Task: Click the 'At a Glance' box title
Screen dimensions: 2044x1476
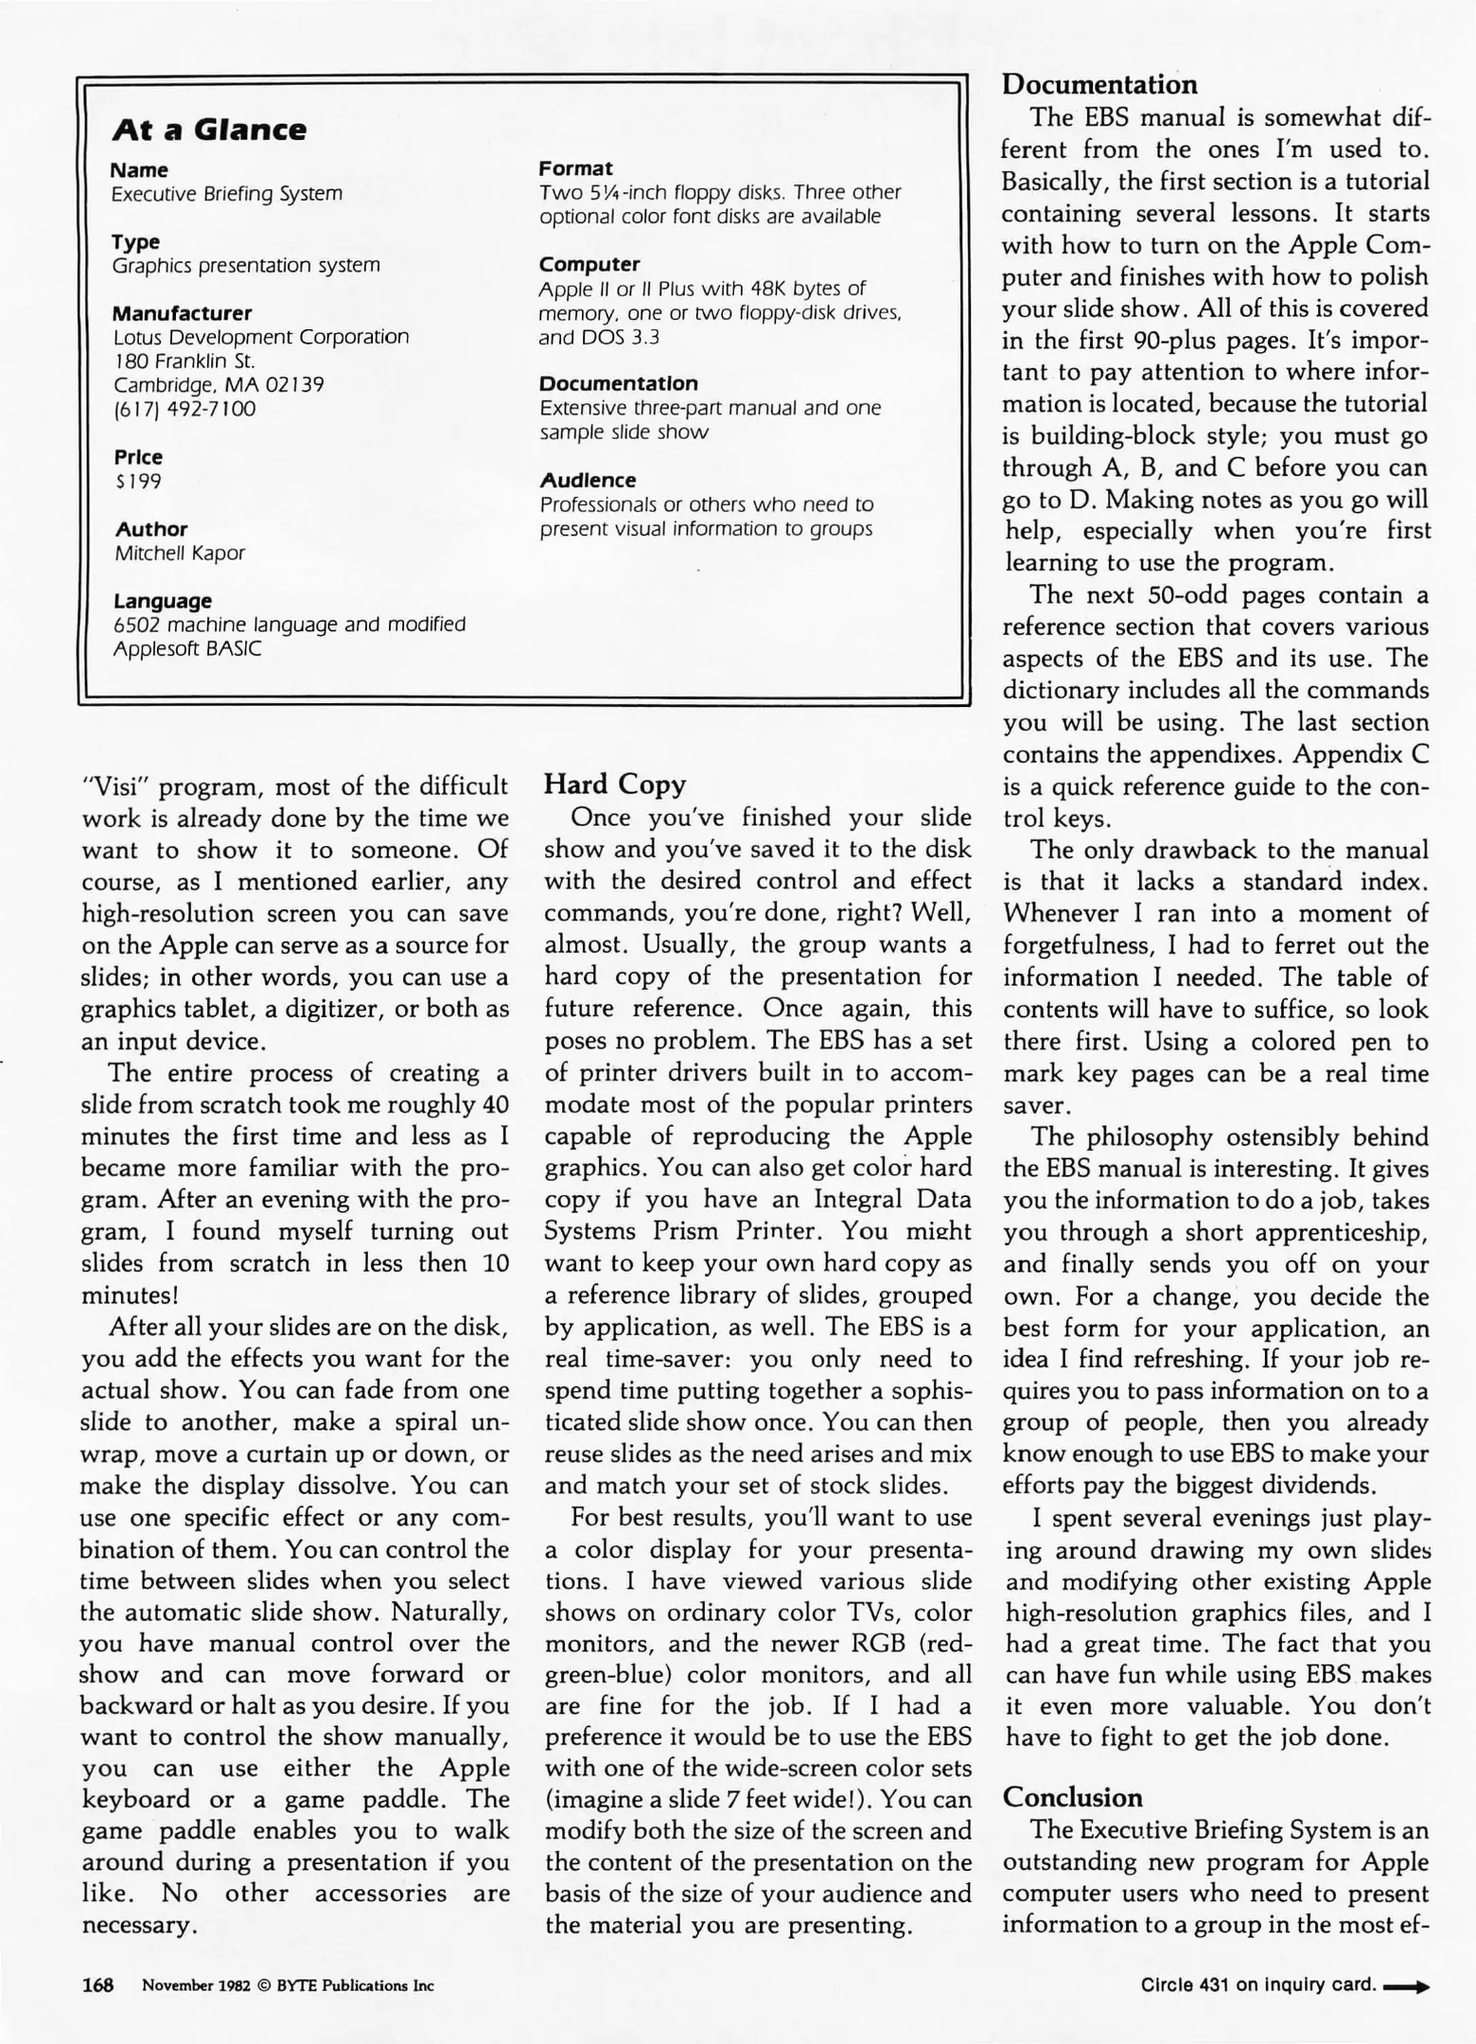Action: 209,130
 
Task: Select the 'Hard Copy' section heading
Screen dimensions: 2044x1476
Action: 615,784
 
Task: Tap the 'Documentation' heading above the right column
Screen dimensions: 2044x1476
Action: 1099,84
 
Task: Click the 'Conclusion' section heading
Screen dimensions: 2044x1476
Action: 1072,1797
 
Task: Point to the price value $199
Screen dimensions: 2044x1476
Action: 138,482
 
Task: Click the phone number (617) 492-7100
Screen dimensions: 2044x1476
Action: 184,410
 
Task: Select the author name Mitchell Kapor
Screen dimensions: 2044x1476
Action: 180,554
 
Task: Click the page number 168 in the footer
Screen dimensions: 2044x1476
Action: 97,1984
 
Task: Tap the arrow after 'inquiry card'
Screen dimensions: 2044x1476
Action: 1406,1986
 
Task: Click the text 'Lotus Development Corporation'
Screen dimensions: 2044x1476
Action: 261,338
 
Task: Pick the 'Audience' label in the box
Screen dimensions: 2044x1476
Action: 588,481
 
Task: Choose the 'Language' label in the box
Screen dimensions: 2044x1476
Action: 163,601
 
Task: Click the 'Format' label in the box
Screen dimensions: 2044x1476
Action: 575,168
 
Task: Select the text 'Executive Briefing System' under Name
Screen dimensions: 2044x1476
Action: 227,194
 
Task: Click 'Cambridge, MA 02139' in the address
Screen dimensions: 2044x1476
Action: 219,385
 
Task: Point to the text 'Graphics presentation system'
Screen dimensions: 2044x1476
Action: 246,266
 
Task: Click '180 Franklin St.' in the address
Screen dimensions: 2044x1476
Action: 184,361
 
